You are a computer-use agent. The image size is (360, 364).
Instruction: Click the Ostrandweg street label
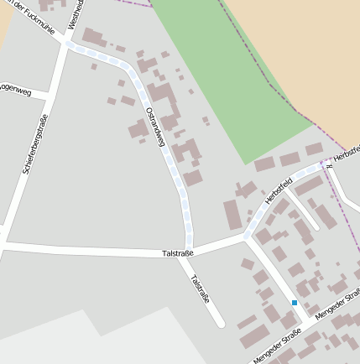coord(154,127)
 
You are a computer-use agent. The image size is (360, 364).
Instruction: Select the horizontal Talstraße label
coord(178,252)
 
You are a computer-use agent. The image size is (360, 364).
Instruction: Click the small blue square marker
coord(295,302)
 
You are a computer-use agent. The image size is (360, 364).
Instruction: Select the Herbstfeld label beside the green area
coord(278,190)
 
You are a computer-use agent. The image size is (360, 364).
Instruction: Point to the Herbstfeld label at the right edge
coord(346,153)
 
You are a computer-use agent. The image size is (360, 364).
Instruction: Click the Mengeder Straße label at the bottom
coord(276,350)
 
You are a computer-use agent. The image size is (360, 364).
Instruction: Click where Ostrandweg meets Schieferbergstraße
coord(66,45)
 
